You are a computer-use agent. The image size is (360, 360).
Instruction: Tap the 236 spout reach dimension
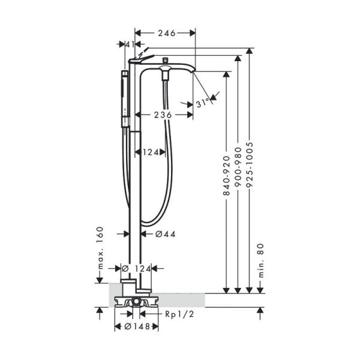point(161,114)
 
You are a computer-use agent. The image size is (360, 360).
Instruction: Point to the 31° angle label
point(204,103)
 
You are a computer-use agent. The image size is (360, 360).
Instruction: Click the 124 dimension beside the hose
point(151,152)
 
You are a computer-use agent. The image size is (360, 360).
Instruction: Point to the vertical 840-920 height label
point(227,174)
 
